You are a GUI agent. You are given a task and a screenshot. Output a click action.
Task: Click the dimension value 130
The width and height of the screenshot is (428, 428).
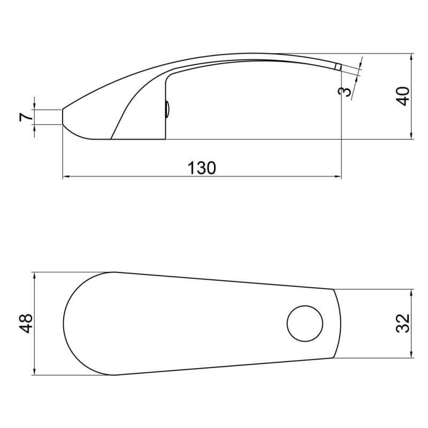(202, 167)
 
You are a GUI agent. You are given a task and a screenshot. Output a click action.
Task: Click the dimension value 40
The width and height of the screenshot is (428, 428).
(403, 96)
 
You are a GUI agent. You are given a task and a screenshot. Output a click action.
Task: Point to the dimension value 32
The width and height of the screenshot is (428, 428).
(403, 323)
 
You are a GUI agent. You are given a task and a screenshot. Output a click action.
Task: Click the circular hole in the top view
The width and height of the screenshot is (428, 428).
(305, 324)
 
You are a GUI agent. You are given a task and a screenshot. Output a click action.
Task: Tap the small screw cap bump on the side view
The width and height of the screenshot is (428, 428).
(167, 109)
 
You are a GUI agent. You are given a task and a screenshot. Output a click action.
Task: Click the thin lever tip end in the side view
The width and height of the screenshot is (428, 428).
(338, 66)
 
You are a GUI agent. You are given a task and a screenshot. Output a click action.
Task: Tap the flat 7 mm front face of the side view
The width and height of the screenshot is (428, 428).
(63, 117)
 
